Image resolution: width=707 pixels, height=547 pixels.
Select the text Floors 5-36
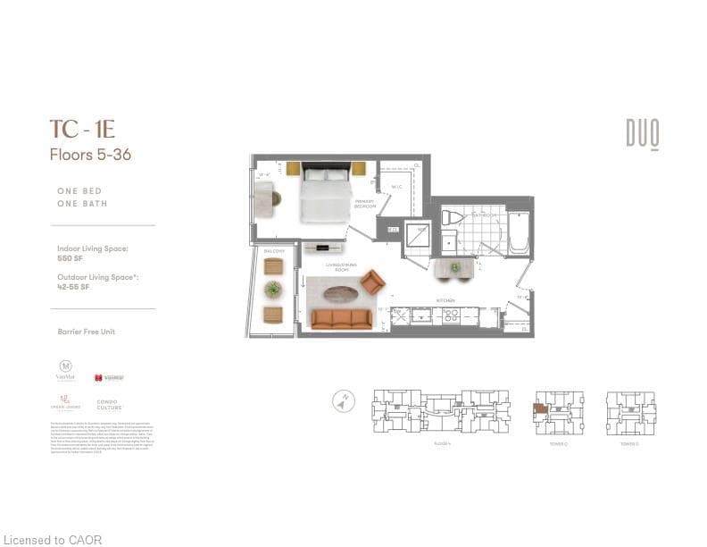point(90,155)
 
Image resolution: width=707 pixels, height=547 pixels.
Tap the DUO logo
point(642,134)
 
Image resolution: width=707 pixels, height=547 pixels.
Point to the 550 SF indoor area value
point(70,257)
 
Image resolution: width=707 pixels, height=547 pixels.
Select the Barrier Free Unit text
point(87,332)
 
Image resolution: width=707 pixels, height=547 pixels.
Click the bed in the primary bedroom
point(326,192)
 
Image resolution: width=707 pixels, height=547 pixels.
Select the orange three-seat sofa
point(341,319)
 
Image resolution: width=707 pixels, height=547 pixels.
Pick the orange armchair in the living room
point(372,282)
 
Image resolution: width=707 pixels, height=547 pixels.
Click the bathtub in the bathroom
point(519,233)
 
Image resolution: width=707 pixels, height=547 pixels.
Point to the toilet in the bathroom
point(454,219)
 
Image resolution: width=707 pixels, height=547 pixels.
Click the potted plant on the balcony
point(273,290)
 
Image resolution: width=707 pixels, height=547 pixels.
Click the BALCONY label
point(273,251)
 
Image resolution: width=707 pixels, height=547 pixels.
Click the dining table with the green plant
point(454,266)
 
